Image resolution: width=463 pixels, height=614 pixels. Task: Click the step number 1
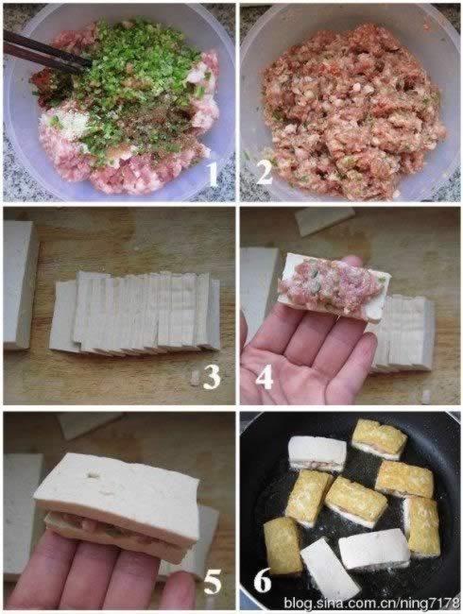pos(213,173)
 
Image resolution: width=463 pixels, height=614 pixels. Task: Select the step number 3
pos(212,377)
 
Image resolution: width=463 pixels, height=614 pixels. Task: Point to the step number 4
pos(266,377)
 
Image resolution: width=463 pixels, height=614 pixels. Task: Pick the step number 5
pos(213,580)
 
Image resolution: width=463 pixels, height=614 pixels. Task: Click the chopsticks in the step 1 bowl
pos(43,52)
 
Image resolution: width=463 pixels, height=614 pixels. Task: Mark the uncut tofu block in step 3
pos(19,283)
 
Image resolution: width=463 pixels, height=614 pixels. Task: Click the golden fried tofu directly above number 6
pos(282,544)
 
